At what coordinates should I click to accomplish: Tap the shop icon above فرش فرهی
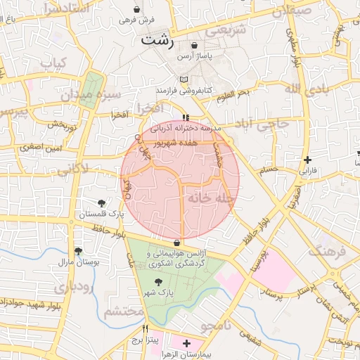[x=136, y=9]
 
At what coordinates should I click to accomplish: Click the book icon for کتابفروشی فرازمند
[x=184, y=79]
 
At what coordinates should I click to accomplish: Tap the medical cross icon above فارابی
[x=307, y=160]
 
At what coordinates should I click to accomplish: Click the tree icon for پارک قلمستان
[x=103, y=203]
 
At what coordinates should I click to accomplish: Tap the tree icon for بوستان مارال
[x=78, y=251]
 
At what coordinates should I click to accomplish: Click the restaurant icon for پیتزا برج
[x=146, y=328]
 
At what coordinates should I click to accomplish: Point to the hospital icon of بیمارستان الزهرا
[x=186, y=343]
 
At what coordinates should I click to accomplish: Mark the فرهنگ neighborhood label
[x=328, y=250]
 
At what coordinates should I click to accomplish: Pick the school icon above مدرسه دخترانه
[x=186, y=117]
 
